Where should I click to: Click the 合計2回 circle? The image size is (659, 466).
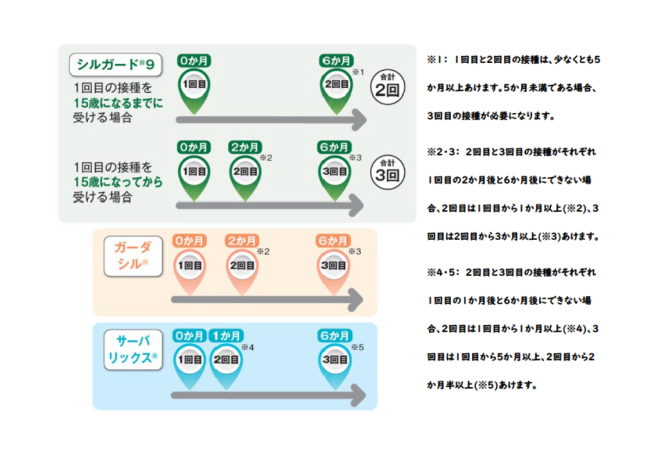(388, 85)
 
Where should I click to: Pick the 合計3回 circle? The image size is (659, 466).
(388, 172)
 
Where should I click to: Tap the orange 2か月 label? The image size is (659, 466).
(241, 241)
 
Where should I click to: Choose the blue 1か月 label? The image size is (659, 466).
(226, 335)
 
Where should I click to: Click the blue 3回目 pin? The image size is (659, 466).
(335, 360)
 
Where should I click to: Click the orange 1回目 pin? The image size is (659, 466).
(189, 265)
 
